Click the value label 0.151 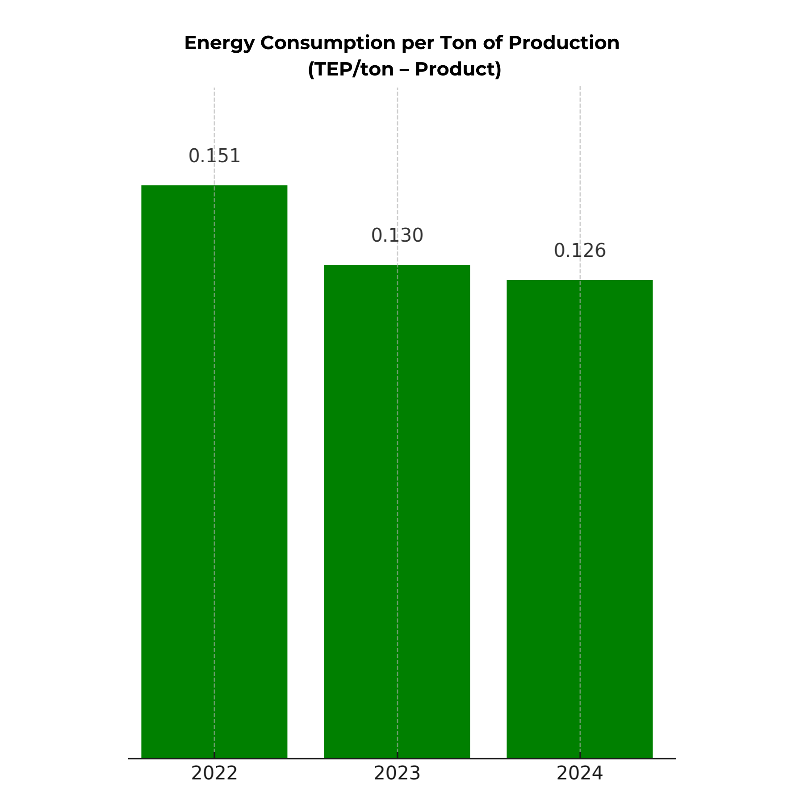click(214, 156)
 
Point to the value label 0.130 click(397, 235)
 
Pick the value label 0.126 click(580, 251)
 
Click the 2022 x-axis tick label click(214, 773)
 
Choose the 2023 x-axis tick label click(397, 773)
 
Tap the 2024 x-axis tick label click(580, 773)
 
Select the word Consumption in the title click(328, 43)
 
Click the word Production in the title click(564, 43)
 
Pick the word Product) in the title click(458, 69)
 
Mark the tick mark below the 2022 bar click(214, 755)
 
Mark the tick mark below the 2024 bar click(580, 755)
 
